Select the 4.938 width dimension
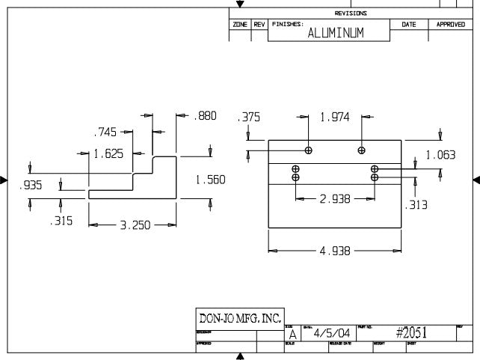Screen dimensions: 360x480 [335, 251]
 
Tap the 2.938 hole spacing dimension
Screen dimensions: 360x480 [335, 199]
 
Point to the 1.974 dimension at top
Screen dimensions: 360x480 [335, 117]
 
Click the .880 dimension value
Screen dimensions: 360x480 [205, 116]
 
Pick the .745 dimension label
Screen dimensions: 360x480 [105, 132]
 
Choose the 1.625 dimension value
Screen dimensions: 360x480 [108, 154]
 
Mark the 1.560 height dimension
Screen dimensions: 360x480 [210, 180]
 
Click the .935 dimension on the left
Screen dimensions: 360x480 [31, 184]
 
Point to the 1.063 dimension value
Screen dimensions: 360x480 [440, 155]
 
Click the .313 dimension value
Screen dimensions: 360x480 [416, 204]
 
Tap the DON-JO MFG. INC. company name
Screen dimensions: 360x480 [239, 318]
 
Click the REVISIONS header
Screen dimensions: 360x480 [351, 13]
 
